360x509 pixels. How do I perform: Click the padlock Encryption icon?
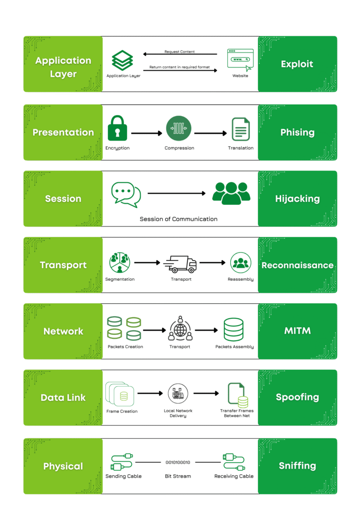[117, 129]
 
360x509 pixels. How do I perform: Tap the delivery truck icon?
[180, 264]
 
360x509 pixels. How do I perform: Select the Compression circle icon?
[179, 129]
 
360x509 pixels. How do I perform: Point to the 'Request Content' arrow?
[180, 55]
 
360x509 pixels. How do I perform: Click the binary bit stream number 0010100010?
[178, 462]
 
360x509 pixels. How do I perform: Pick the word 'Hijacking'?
[297, 199]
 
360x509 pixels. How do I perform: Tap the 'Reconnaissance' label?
[297, 265]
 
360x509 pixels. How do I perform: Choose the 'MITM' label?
[297, 331]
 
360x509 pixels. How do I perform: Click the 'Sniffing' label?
[297, 466]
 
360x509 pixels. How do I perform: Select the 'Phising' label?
[297, 133]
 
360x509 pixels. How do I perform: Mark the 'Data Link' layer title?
[63, 397]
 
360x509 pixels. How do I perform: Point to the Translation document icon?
[240, 129]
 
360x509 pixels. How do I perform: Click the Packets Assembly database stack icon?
[234, 329]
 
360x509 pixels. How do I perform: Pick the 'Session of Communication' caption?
[179, 219]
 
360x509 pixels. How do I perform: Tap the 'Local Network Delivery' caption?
[178, 413]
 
